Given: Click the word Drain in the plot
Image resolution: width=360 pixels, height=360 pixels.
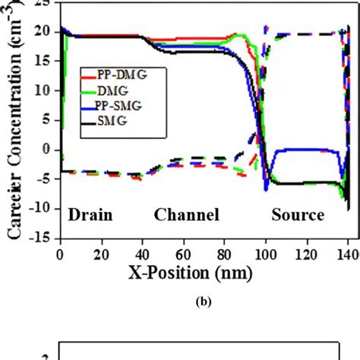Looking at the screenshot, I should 91,215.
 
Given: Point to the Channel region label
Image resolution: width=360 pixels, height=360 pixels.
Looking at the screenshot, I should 187,215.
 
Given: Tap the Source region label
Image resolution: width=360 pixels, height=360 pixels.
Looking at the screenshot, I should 298,215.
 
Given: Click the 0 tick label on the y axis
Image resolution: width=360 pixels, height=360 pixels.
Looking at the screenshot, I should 46,149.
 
